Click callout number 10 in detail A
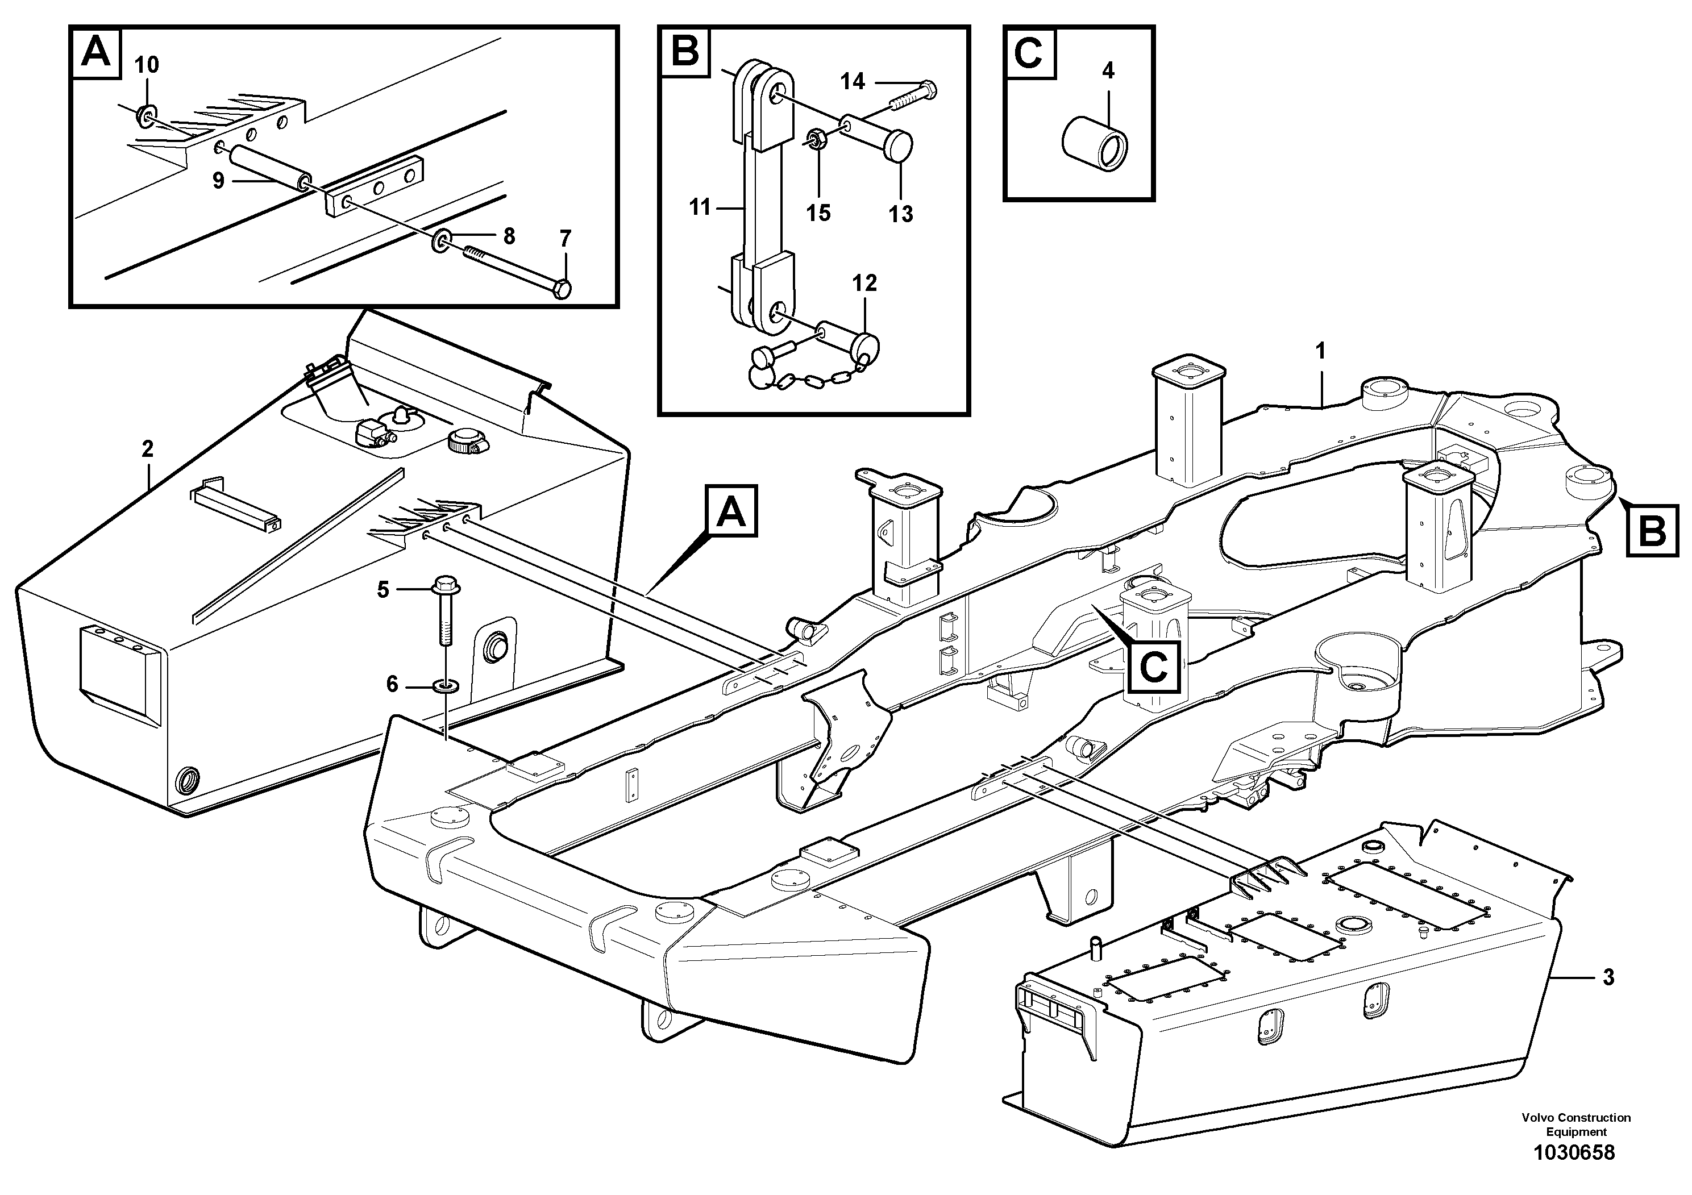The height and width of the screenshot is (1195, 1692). pos(147,65)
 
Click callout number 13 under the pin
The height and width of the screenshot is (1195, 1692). pos(900,214)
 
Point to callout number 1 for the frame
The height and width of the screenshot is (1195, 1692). pos(1321,351)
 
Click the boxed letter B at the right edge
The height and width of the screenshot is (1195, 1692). pos(1653,530)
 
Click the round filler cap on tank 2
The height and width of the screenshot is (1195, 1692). pos(462,442)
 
